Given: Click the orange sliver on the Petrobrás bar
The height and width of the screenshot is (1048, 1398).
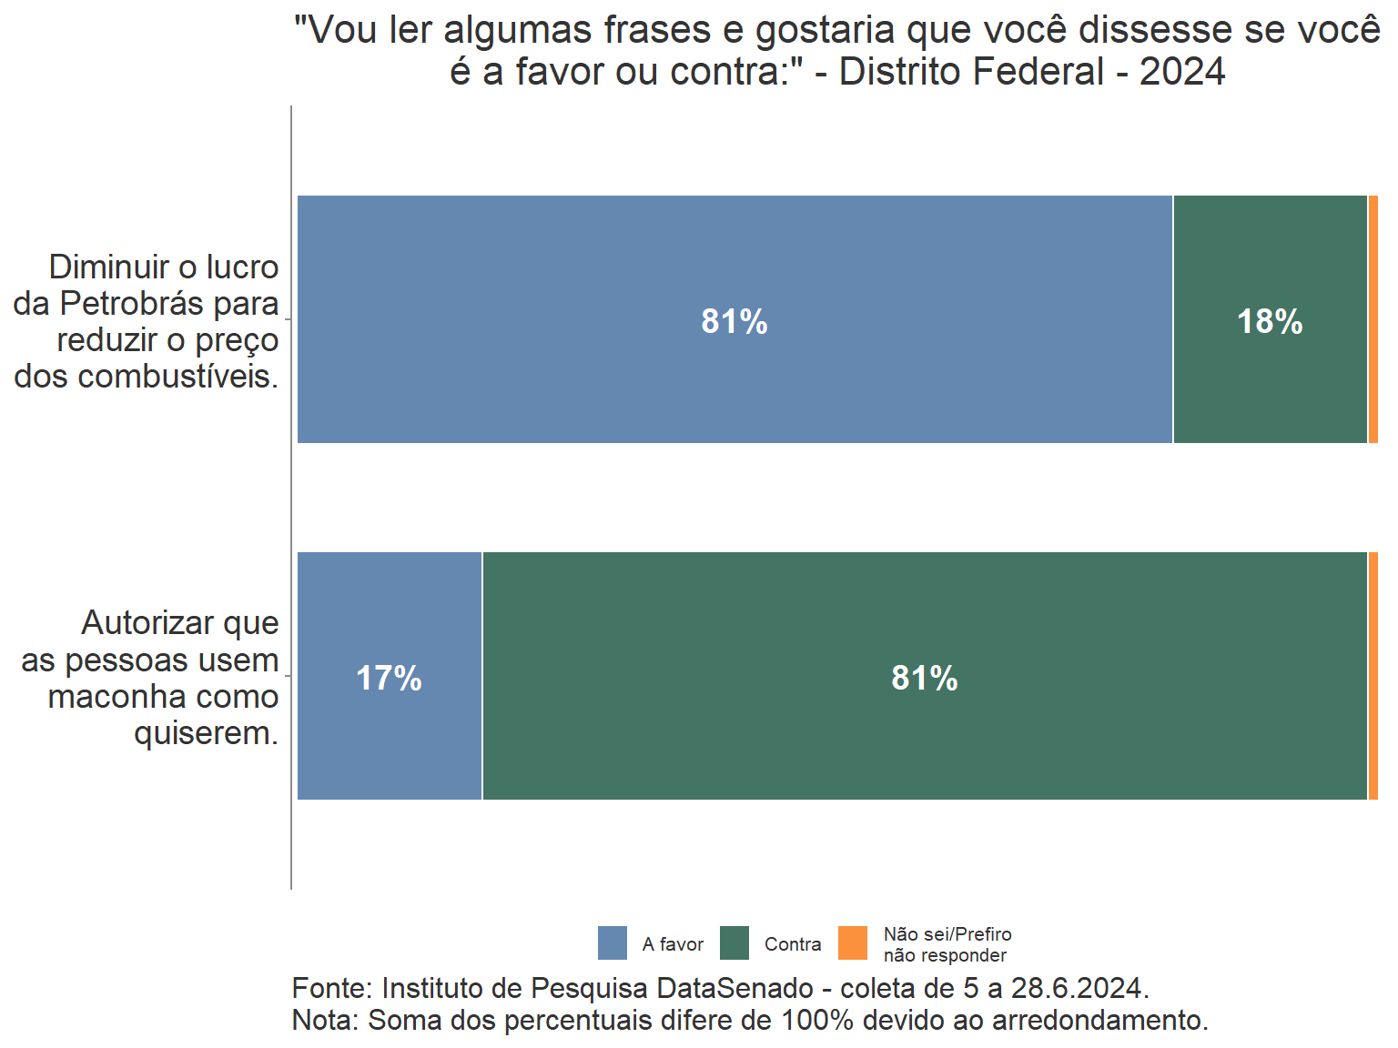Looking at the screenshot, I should [1373, 319].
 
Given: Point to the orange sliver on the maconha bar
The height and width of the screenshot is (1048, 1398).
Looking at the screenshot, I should [1373, 676].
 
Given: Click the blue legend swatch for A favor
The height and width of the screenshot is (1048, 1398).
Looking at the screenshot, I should [613, 943].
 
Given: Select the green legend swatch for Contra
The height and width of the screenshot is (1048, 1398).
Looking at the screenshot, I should [734, 943].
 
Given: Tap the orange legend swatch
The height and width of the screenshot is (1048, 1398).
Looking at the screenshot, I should [853, 943].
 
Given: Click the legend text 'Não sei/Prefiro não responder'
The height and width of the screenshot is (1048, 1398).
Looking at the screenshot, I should [947, 944].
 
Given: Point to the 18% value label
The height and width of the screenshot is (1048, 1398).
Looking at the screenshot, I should [1270, 322].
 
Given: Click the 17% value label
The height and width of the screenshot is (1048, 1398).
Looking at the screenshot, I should [390, 679].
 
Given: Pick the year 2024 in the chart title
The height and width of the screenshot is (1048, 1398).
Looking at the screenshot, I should [1182, 72].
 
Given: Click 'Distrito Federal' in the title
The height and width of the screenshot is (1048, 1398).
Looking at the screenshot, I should [971, 72].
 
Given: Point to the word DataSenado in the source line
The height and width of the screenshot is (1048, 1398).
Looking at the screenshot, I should [735, 988].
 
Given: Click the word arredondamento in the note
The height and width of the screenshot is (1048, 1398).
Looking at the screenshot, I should [1099, 1020].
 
